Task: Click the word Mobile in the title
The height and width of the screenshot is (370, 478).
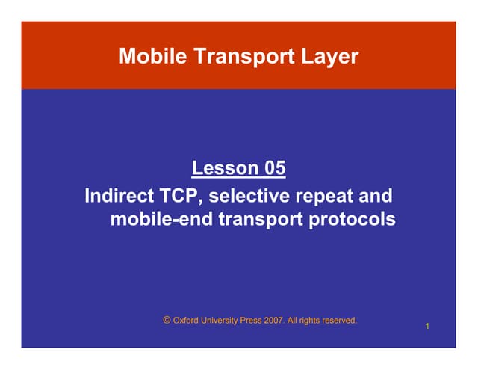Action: (149, 56)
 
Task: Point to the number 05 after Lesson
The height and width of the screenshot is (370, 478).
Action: (273, 168)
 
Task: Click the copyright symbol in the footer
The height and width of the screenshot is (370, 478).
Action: (167, 320)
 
